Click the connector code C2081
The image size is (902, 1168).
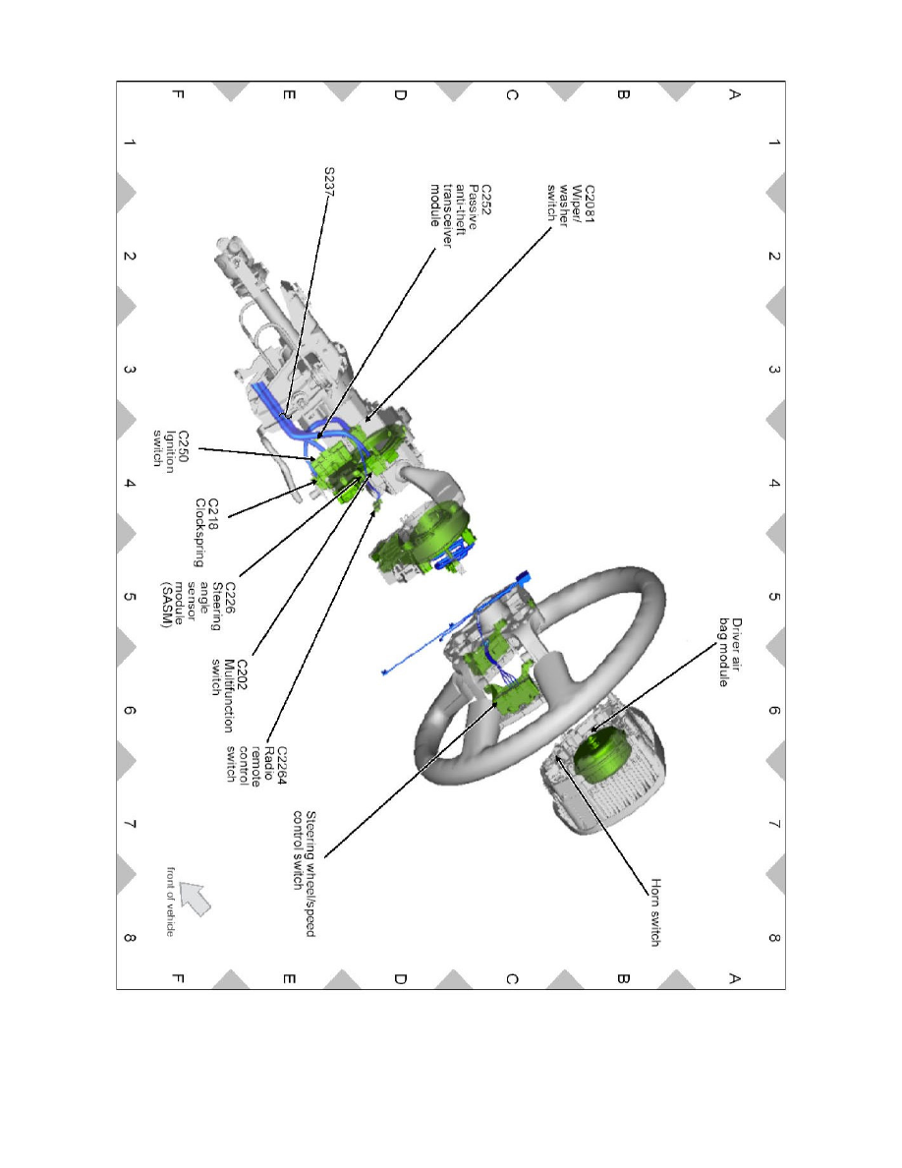(x=590, y=204)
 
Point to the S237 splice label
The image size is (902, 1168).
(x=329, y=182)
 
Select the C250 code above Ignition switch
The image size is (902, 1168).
(x=183, y=447)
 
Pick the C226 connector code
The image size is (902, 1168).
(x=230, y=598)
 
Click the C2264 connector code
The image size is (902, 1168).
(x=282, y=766)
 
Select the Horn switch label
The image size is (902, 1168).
(x=655, y=912)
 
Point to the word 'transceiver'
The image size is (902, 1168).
(x=447, y=215)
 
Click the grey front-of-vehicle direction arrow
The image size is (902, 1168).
(x=195, y=898)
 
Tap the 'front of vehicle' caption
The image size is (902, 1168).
(x=170, y=903)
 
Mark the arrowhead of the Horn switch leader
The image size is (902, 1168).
(x=559, y=758)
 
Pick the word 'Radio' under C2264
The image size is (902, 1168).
(x=269, y=761)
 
